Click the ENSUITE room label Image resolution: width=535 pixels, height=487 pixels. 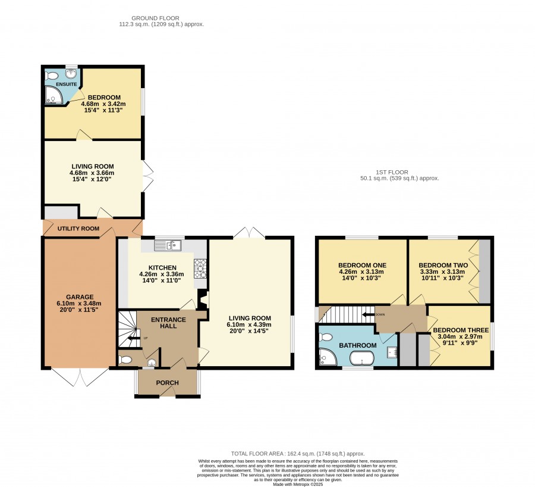[x=66, y=84]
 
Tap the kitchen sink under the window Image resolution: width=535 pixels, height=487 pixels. [x=168, y=245]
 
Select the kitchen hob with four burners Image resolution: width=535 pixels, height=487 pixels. [x=200, y=269]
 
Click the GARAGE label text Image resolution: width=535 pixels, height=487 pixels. [x=80, y=297]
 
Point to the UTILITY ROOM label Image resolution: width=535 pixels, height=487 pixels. [x=78, y=228]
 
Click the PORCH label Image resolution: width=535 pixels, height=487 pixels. [x=167, y=383]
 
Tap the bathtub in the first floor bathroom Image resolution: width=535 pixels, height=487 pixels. [x=361, y=358]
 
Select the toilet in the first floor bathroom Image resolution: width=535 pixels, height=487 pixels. [x=326, y=338]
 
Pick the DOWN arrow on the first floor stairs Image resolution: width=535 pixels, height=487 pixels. [x=368, y=314]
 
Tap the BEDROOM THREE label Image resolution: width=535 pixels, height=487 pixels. [x=461, y=330]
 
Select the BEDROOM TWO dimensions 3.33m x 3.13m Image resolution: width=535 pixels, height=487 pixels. [x=442, y=271]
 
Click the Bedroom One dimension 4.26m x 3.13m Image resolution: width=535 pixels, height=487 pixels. [x=361, y=271]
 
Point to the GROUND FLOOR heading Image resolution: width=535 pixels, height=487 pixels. [x=155, y=18]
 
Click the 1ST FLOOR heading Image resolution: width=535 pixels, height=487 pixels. [x=392, y=172]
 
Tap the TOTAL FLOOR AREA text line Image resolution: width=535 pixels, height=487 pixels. [x=298, y=454]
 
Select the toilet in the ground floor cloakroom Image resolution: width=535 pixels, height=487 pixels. [x=125, y=360]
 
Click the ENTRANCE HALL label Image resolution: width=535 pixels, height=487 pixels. [x=168, y=323]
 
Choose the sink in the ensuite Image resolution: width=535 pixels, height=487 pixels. [x=71, y=73]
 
